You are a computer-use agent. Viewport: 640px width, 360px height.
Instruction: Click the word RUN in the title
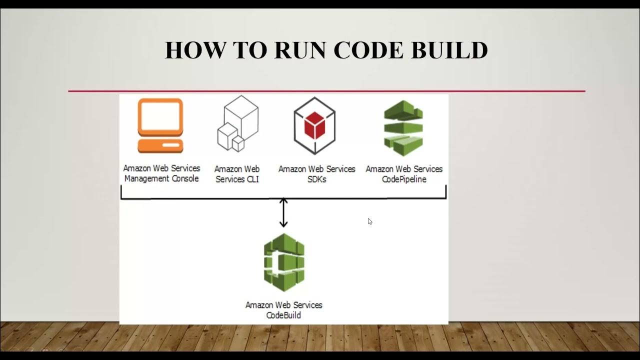pyautogui.click(x=299, y=50)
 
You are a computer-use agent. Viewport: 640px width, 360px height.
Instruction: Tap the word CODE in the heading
pyautogui.click(x=369, y=50)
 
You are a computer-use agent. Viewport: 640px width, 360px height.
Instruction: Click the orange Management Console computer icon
pyautogui.click(x=160, y=125)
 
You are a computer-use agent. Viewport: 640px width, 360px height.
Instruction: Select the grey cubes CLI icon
pyautogui.click(x=238, y=123)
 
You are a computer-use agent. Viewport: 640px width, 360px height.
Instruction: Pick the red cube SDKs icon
pyautogui.click(x=314, y=125)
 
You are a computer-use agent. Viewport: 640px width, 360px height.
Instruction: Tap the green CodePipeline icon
pyautogui.click(x=403, y=128)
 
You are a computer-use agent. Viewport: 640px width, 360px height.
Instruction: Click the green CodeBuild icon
pyautogui.click(x=284, y=262)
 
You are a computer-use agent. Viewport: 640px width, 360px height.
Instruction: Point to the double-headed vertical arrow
pyautogui.click(x=283, y=212)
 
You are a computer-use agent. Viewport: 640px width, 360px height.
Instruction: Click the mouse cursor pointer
pyautogui.click(x=370, y=221)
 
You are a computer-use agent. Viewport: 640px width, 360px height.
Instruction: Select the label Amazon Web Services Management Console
pyautogui.click(x=161, y=173)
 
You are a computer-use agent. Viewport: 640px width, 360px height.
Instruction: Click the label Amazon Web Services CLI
pyautogui.click(x=237, y=174)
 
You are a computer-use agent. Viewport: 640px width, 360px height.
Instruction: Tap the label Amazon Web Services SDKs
pyautogui.click(x=316, y=174)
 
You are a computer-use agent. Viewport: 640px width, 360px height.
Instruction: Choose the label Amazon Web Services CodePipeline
pyautogui.click(x=404, y=174)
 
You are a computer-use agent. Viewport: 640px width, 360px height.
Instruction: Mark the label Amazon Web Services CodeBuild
pyautogui.click(x=283, y=310)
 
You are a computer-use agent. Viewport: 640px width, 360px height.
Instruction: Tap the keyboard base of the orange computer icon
pyautogui.click(x=160, y=146)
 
